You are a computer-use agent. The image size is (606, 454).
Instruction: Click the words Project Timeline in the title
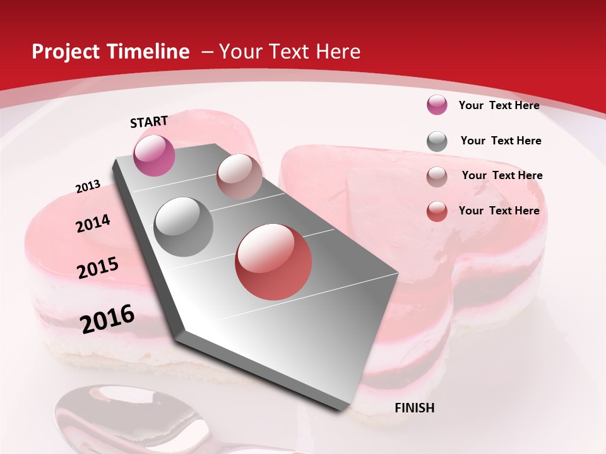click(x=110, y=52)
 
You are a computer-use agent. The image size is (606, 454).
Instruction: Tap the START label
click(x=149, y=121)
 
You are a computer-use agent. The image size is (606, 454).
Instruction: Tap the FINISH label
click(x=415, y=408)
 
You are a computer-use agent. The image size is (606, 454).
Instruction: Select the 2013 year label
click(x=88, y=187)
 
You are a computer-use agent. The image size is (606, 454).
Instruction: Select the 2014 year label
click(x=93, y=223)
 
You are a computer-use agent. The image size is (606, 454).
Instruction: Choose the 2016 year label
click(x=107, y=319)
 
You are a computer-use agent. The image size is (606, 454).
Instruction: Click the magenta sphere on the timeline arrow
click(x=154, y=155)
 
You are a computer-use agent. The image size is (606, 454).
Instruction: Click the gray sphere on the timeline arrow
click(x=184, y=226)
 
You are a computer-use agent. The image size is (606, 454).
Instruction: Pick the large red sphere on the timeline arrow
click(x=273, y=262)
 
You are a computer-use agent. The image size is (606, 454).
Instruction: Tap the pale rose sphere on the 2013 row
click(x=239, y=177)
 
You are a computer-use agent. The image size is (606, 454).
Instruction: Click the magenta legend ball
click(x=437, y=105)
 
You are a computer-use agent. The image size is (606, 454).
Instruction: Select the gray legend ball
click(x=437, y=141)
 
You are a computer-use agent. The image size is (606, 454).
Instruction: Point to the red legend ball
click(x=437, y=211)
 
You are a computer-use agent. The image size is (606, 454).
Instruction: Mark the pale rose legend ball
click(x=437, y=177)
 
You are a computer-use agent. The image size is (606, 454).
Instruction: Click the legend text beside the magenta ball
click(x=499, y=105)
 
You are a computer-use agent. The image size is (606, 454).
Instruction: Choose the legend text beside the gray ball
click(x=501, y=141)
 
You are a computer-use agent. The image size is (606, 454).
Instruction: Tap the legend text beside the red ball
click(x=499, y=211)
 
